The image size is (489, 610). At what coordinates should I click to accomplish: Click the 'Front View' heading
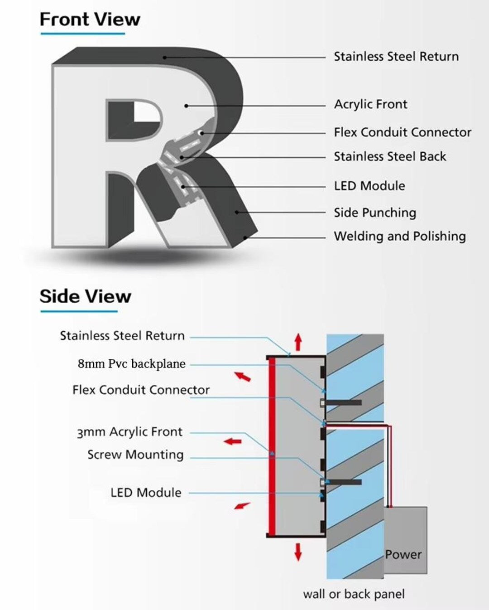click(90, 19)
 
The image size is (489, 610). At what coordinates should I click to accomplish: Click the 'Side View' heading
click(86, 296)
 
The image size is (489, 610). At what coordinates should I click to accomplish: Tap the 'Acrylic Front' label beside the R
click(371, 105)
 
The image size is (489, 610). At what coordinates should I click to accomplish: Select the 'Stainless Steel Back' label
click(390, 156)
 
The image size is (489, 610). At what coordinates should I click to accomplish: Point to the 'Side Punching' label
click(375, 213)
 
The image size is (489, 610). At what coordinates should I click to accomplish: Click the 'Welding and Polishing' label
click(400, 237)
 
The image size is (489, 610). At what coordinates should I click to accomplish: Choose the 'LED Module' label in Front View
click(369, 186)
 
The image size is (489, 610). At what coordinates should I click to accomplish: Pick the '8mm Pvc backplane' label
click(132, 363)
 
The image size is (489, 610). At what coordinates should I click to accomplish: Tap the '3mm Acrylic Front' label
click(129, 432)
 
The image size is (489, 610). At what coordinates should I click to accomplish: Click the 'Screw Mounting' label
click(135, 455)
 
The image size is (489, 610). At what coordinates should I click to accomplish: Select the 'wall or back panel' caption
click(354, 594)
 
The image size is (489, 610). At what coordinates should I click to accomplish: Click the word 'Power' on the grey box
click(403, 555)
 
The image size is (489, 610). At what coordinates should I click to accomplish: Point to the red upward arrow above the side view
click(298, 342)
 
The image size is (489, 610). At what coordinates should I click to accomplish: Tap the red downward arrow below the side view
click(298, 552)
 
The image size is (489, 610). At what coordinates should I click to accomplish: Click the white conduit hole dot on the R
click(201, 133)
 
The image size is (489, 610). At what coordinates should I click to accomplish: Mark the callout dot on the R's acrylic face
click(186, 106)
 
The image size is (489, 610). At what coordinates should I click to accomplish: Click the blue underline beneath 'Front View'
click(83, 34)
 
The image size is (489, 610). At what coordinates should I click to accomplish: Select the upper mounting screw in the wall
click(341, 402)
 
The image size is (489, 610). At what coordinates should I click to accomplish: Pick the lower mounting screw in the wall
click(341, 482)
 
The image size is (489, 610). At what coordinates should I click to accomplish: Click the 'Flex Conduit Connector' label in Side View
click(141, 390)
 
